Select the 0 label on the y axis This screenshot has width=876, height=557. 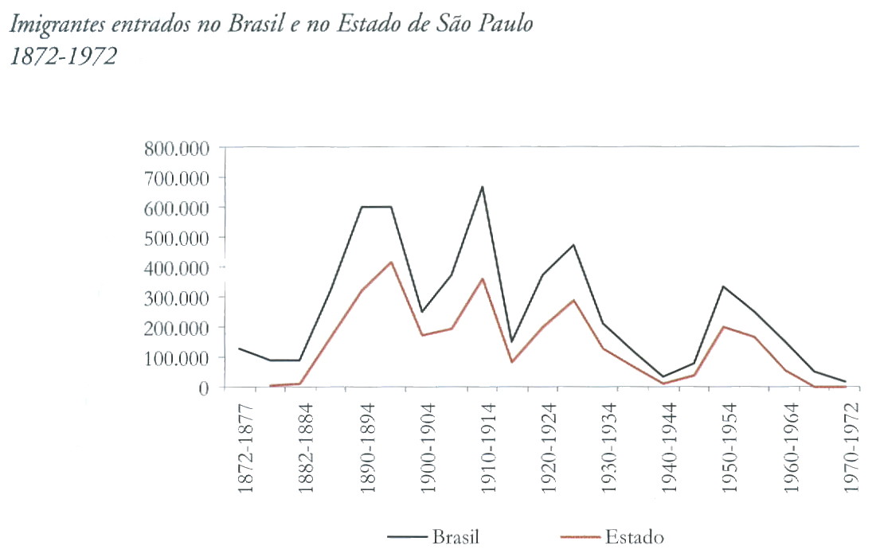203,388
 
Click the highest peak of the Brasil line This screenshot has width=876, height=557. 482,187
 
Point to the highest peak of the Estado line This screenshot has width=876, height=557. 391,262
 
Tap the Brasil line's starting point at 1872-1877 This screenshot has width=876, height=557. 240,349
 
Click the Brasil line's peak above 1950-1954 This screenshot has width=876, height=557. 724,286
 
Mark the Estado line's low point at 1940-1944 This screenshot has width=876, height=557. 663,384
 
